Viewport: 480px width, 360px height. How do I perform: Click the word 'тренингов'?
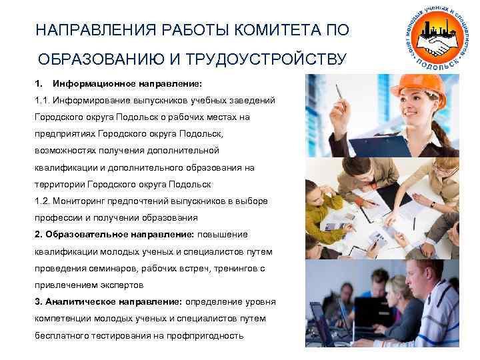coord(227,268)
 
